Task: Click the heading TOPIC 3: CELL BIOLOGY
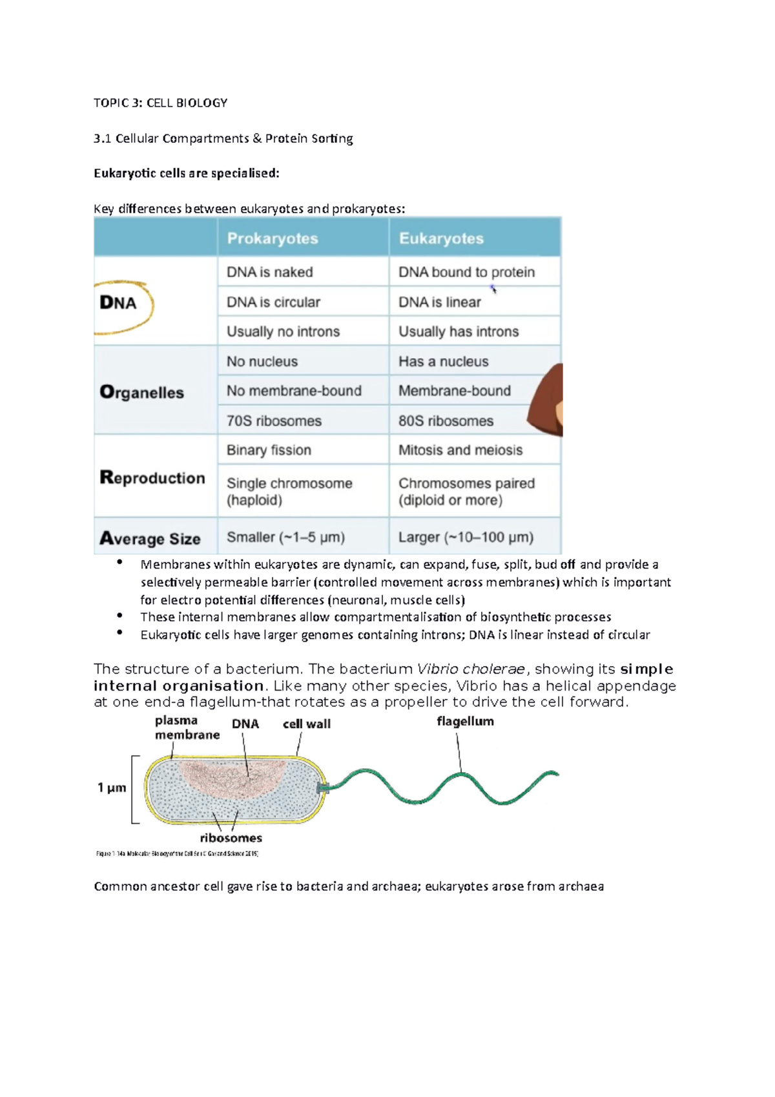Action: [x=160, y=103]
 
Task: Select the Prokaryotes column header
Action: [x=273, y=238]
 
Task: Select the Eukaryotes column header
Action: [x=441, y=238]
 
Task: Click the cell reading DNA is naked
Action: [x=270, y=272]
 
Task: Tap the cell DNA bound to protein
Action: [x=466, y=272]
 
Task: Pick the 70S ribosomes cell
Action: [x=274, y=421]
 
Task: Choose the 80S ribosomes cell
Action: [x=446, y=421]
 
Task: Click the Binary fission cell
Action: [x=269, y=450]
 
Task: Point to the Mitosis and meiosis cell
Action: [x=460, y=450]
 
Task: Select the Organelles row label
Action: [x=142, y=392]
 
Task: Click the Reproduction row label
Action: [x=152, y=477]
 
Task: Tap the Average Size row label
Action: [x=150, y=538]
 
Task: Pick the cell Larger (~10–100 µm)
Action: [x=466, y=537]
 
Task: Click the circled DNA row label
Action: [x=118, y=302]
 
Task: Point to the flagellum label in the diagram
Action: [x=465, y=721]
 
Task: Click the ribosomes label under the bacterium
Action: [x=231, y=838]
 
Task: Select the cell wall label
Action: [x=307, y=724]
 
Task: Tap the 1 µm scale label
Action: [x=112, y=788]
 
